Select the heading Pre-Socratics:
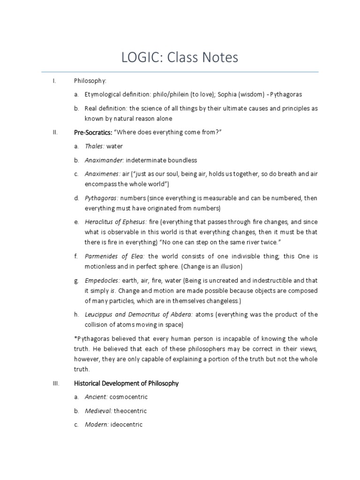click(x=93, y=132)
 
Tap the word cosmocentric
click(x=128, y=397)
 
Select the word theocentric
click(x=130, y=411)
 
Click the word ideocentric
click(x=127, y=425)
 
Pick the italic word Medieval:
click(x=98, y=411)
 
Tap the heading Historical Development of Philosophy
click(x=126, y=383)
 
